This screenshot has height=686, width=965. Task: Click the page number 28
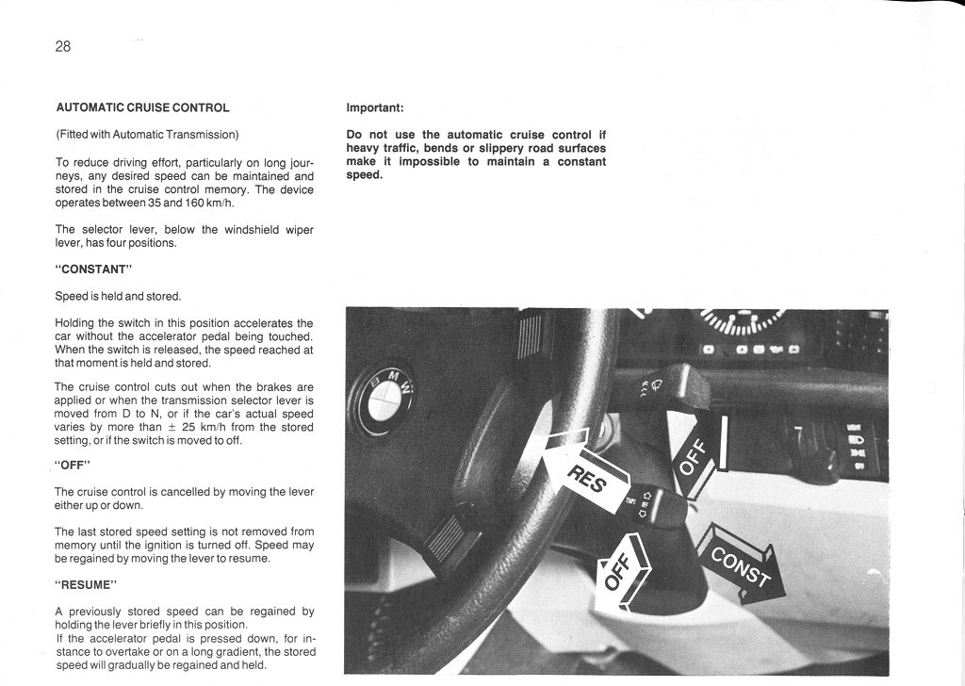pos(63,46)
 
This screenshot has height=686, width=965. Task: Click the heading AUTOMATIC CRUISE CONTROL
pos(142,107)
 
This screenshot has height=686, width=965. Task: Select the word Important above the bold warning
pos(375,107)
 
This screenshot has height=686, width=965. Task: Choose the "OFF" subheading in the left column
pos(72,464)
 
